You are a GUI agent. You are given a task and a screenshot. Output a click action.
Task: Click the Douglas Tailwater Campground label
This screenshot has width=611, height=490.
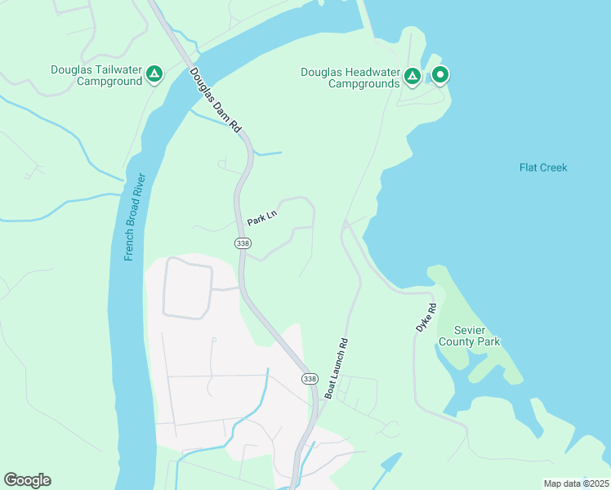pos(95,75)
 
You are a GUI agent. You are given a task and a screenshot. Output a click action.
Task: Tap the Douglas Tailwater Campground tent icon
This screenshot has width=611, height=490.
pos(154,76)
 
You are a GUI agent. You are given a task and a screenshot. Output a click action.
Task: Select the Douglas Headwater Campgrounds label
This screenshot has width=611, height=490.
pos(350,78)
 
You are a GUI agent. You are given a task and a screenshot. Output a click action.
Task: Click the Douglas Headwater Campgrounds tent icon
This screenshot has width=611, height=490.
pos(413,78)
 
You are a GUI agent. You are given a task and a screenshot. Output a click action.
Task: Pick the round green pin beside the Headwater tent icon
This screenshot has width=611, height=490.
pos(440,76)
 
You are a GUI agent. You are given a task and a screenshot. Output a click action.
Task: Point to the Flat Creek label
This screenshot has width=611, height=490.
pos(542,167)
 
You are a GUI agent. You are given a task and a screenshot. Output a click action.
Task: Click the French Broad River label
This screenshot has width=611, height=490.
pos(135,217)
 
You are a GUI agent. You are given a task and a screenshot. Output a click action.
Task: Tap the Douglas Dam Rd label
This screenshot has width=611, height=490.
pos(217,101)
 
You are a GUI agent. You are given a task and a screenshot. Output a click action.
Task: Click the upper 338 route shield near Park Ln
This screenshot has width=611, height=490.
pos(242,243)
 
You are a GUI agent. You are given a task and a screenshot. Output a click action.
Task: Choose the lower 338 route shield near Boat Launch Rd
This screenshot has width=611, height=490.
pos(309,379)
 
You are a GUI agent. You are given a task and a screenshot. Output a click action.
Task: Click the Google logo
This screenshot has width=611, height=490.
pos(27,480)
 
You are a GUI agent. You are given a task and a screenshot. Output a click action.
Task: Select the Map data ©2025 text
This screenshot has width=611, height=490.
pos(576,483)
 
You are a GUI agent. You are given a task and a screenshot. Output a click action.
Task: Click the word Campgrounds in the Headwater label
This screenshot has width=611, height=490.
pos(364,83)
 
